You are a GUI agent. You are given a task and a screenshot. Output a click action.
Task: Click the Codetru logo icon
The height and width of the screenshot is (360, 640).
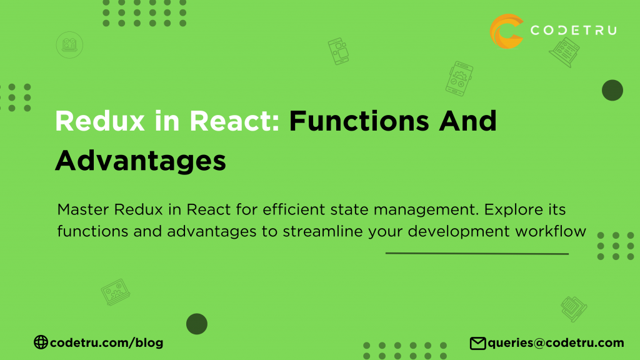click(506, 31)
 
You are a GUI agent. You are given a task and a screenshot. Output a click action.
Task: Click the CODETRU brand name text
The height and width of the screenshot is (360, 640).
click(572, 30)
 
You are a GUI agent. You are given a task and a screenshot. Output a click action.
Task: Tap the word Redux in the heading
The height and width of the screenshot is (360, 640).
click(94, 121)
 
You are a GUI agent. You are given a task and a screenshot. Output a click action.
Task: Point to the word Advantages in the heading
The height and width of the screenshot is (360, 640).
click(140, 161)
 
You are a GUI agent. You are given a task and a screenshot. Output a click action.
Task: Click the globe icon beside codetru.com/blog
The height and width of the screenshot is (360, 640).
click(41, 342)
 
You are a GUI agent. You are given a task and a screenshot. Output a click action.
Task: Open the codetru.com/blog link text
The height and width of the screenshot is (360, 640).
click(106, 342)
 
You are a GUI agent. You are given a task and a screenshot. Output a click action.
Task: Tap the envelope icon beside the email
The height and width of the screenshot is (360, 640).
click(477, 342)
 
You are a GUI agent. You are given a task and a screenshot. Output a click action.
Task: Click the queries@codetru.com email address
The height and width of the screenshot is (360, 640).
click(556, 342)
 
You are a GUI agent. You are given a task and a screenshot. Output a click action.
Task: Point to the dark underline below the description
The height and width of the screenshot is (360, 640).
click(477, 254)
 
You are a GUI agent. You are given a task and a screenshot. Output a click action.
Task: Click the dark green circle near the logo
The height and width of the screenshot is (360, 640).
click(612, 91)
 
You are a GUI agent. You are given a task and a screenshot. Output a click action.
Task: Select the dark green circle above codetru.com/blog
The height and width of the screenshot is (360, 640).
click(197, 324)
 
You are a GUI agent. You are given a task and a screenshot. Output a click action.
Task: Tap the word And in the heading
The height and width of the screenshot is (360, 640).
click(469, 121)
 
